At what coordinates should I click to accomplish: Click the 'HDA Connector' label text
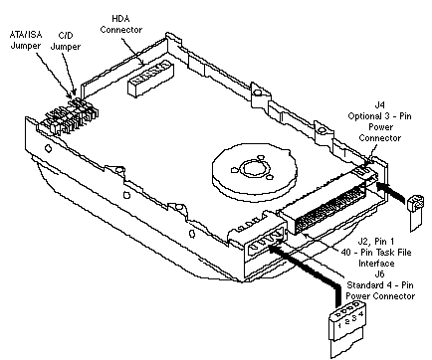(x=121, y=24)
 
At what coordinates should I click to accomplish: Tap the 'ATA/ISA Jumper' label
(x=26, y=40)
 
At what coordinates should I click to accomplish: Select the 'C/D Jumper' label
(x=65, y=41)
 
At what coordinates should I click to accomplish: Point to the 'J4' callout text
(x=379, y=104)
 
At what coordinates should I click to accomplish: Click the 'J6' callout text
(x=379, y=273)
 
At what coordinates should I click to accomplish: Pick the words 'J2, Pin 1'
(x=375, y=241)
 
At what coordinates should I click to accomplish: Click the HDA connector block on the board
(x=150, y=79)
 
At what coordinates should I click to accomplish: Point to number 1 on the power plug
(x=339, y=325)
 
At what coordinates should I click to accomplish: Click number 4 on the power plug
(x=361, y=313)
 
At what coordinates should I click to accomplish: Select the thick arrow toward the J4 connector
(x=391, y=193)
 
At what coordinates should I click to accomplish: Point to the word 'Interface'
(x=376, y=264)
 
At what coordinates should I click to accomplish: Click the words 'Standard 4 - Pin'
(x=380, y=284)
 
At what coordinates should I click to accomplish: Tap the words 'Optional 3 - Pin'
(x=379, y=116)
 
